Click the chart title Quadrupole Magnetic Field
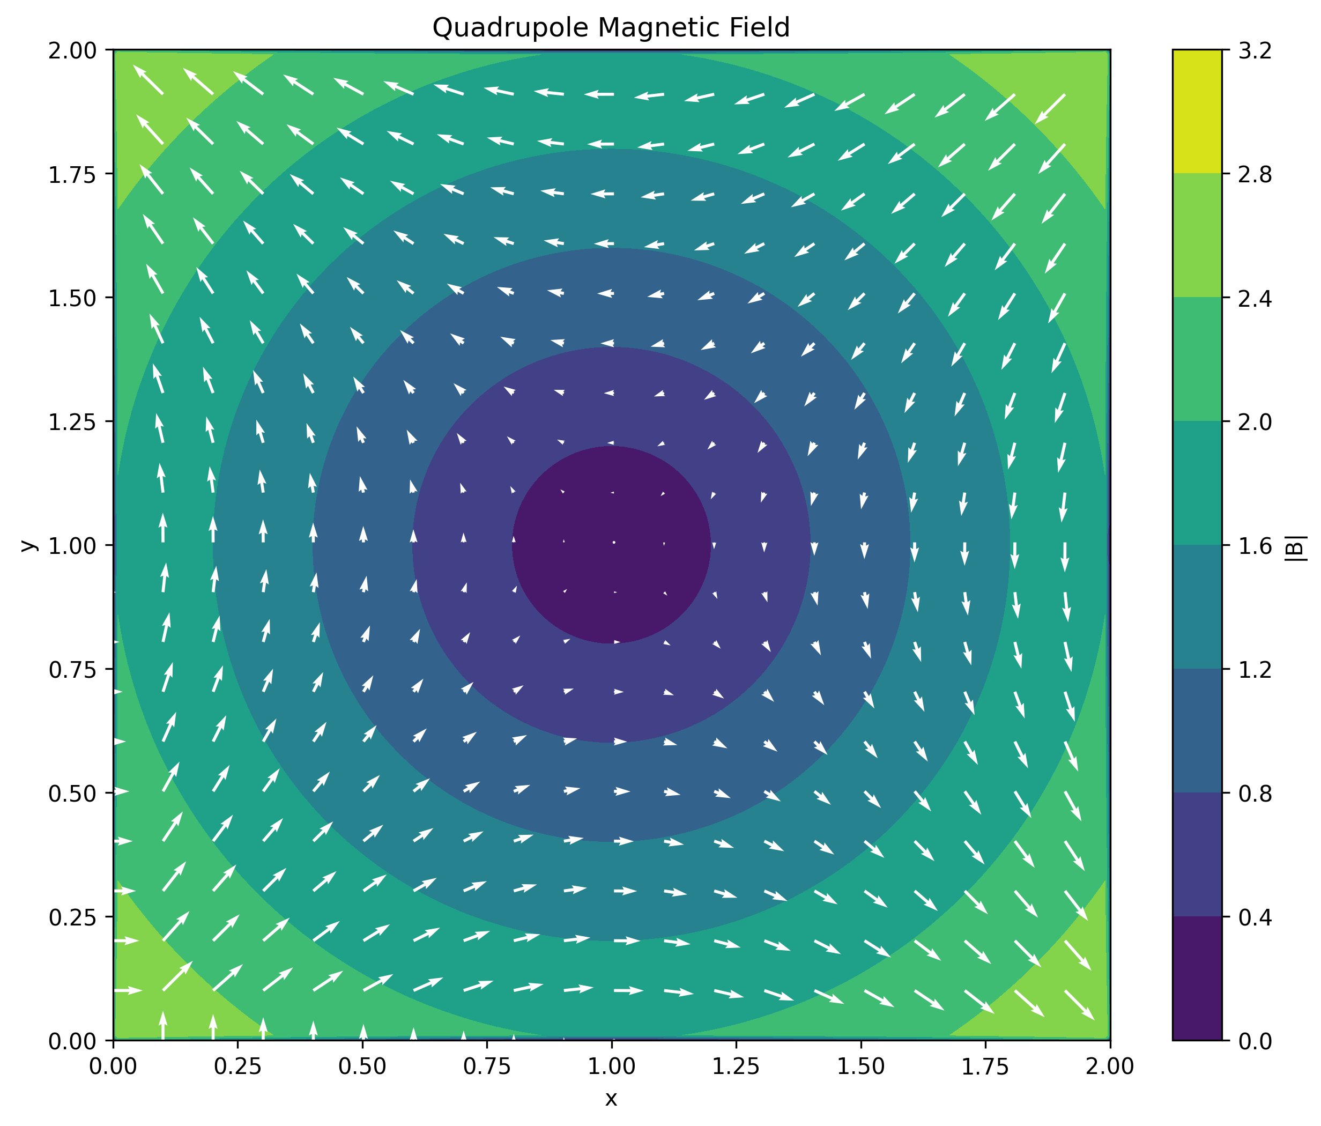tap(611, 27)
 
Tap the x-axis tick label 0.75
tap(487, 1066)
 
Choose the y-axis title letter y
tap(27, 545)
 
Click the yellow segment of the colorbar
tap(1197, 112)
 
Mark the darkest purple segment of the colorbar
tap(1197, 979)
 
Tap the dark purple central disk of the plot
tap(611, 545)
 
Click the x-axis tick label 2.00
tap(1110, 1066)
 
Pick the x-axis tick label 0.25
tap(238, 1066)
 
